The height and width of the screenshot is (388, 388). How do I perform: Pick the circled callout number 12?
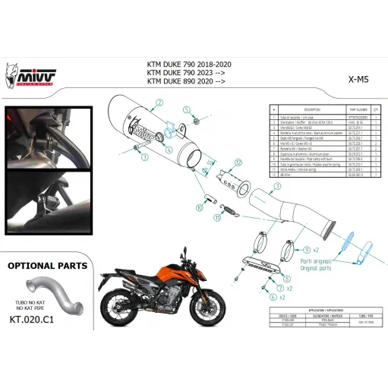[237, 162]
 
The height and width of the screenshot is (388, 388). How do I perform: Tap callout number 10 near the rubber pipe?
[203, 204]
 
